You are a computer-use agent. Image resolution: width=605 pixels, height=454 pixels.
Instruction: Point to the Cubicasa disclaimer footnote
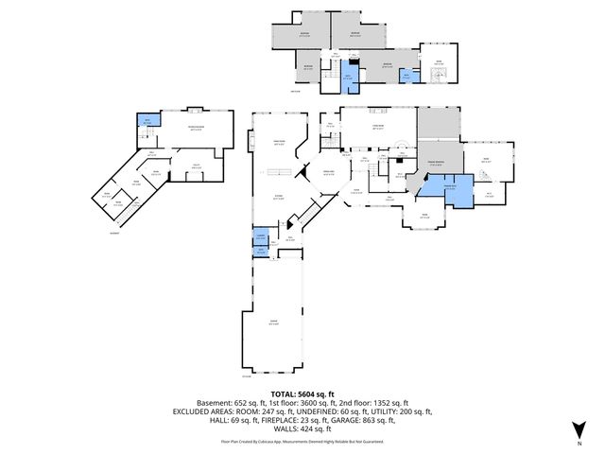302,441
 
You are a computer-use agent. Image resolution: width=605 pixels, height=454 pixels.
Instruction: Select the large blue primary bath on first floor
440,186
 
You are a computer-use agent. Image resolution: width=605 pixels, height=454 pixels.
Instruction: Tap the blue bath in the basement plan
147,120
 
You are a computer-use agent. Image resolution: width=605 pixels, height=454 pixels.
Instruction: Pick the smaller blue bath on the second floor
406,77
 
